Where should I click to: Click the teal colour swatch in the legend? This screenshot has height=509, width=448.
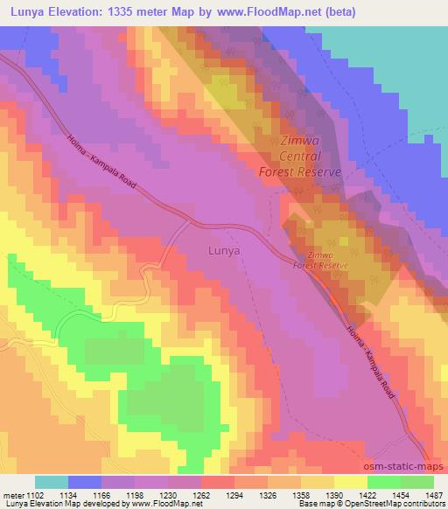pos(52,482)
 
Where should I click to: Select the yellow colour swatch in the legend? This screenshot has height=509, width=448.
pos(350,482)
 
